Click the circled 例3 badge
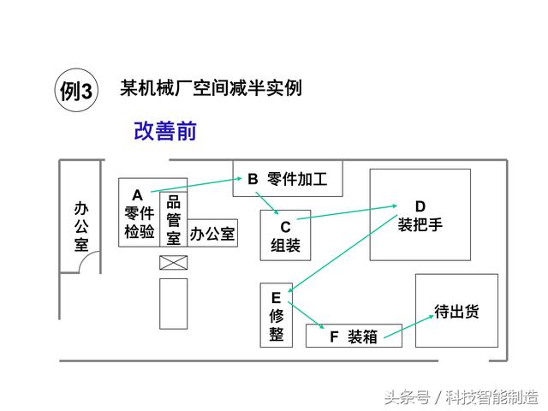[x=76, y=90]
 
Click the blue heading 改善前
[x=165, y=131]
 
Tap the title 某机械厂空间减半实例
[x=211, y=87]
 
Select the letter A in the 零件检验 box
[x=137, y=195]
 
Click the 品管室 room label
[x=173, y=220]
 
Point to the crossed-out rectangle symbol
[x=173, y=263]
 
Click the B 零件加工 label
[x=288, y=179]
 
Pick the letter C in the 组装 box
[x=285, y=227]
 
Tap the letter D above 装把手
[x=420, y=206]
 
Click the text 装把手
[x=420, y=224]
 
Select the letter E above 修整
[x=276, y=298]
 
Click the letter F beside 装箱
[x=334, y=337]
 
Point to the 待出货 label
[x=456, y=311]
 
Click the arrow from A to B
[x=196, y=185]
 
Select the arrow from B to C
[x=267, y=203]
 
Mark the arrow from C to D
[x=347, y=212]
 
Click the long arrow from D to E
[x=342, y=253]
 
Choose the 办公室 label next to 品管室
[x=212, y=234]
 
